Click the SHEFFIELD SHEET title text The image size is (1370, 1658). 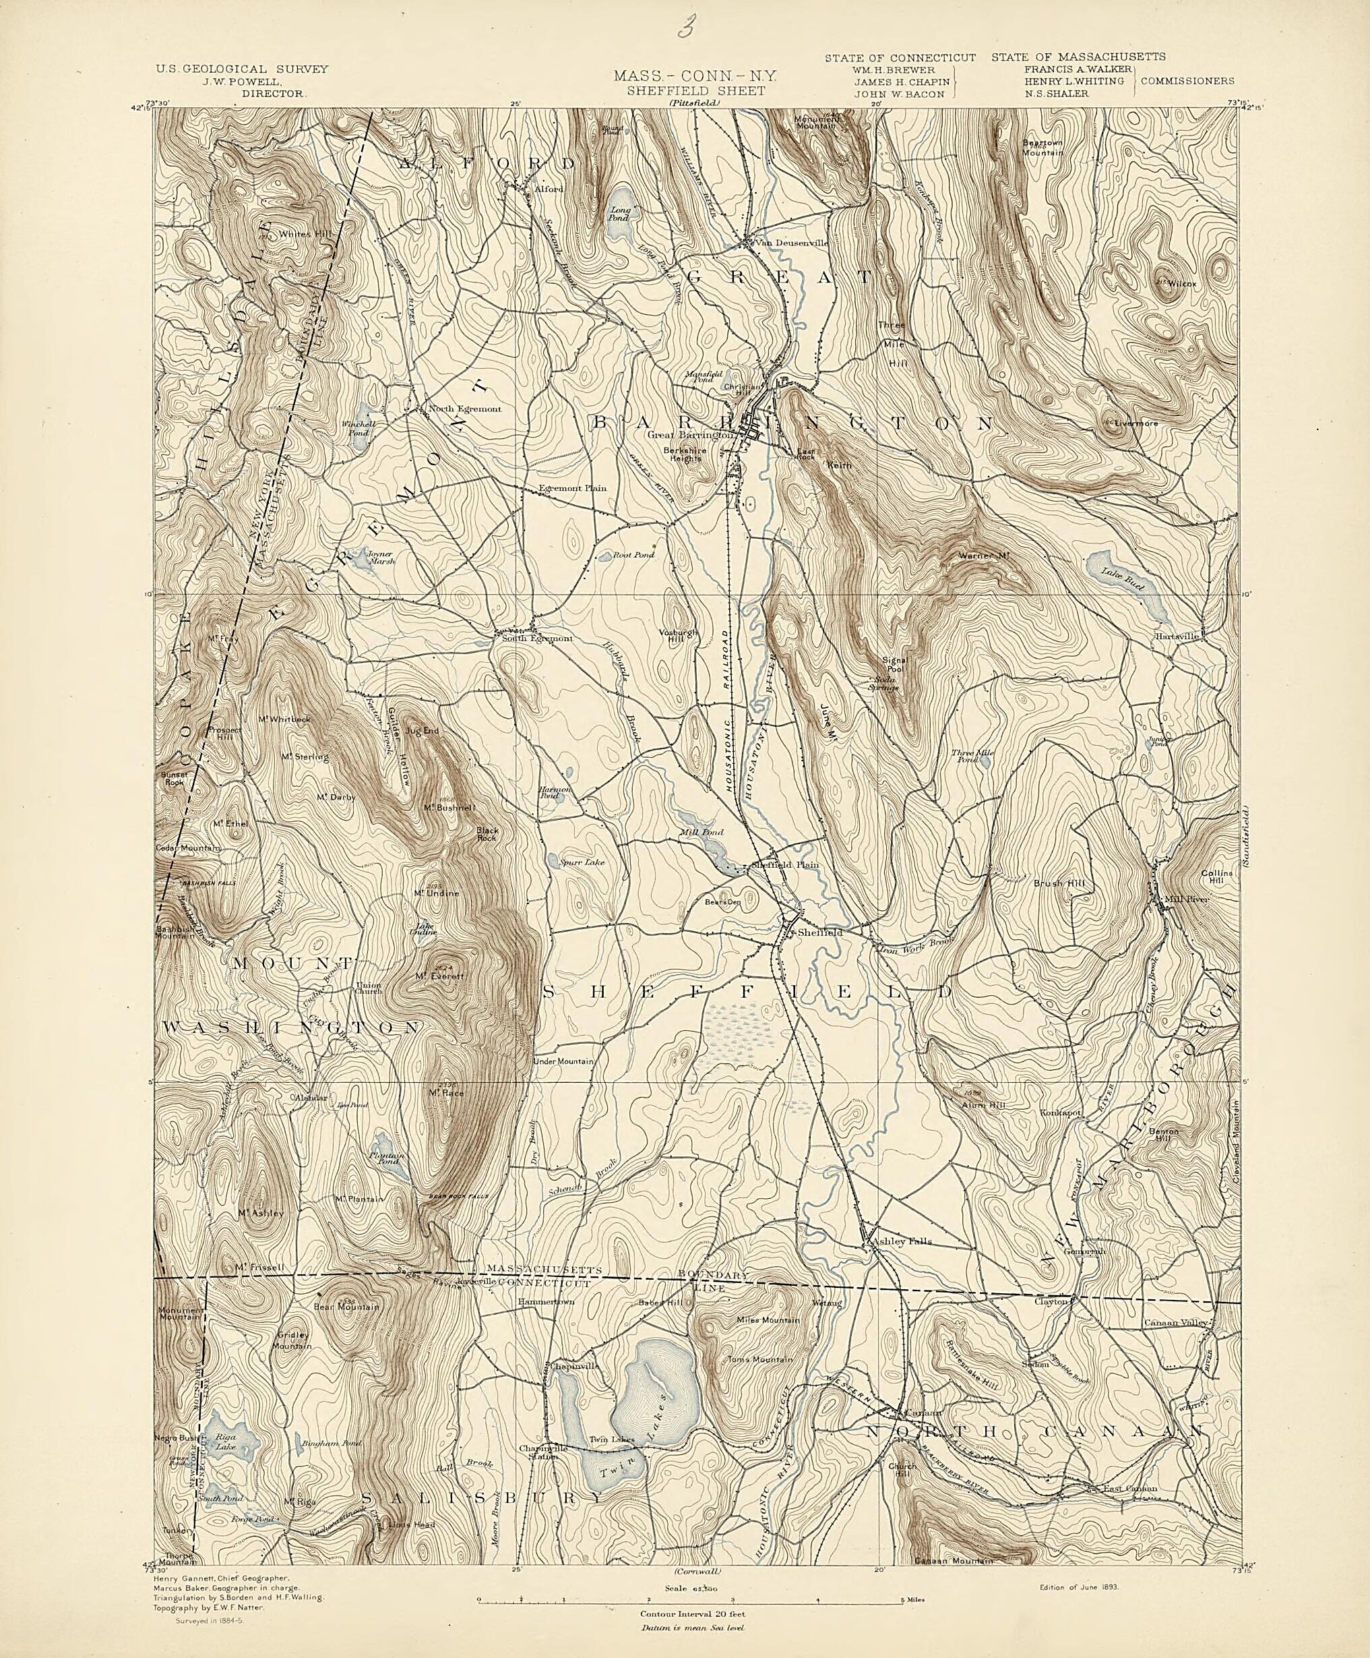pyautogui.click(x=695, y=91)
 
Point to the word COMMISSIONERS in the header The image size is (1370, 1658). pyautogui.click(x=1187, y=80)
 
